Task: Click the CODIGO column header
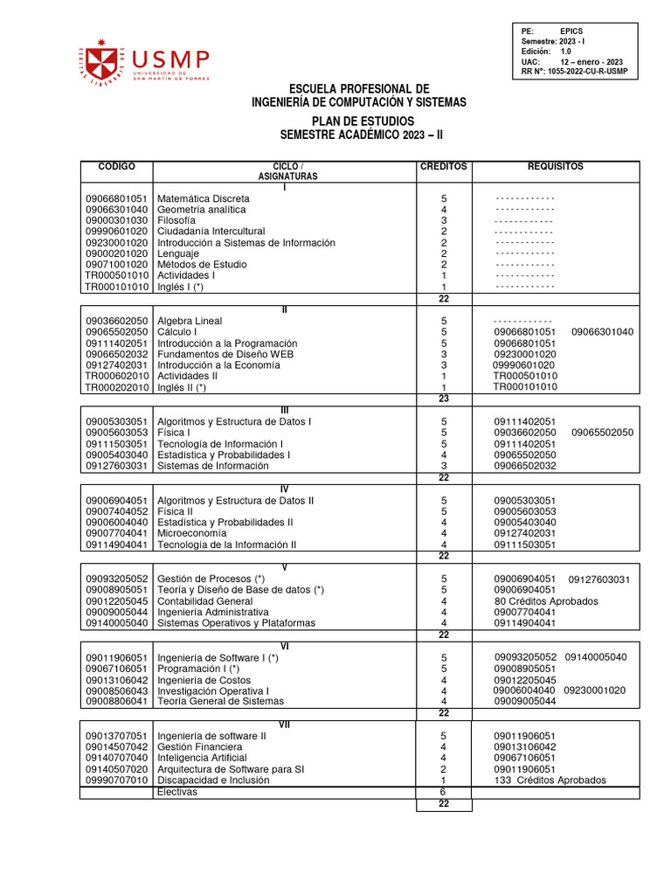(116, 166)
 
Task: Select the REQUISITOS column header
(555, 166)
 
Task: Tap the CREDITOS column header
(444, 166)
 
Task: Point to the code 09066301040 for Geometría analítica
(116, 210)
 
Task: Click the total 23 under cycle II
(444, 398)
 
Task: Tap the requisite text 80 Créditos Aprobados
(546, 601)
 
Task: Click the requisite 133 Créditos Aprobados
(550, 780)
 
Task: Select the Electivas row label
(177, 792)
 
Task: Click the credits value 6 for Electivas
(444, 792)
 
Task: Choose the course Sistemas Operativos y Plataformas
(236, 623)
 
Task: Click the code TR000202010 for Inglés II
(117, 387)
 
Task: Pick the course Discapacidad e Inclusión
(213, 780)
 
